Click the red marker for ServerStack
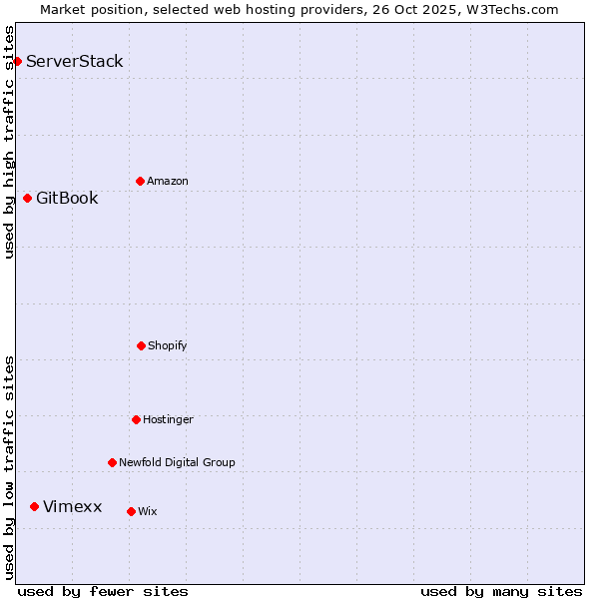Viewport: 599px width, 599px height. (17, 62)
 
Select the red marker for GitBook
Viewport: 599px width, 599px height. (27, 198)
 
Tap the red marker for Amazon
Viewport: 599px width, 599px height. (140, 181)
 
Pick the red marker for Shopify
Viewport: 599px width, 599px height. (141, 345)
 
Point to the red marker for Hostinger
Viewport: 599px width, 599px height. (136, 419)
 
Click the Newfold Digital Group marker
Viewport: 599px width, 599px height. (112, 462)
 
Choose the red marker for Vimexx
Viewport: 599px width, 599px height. (34, 506)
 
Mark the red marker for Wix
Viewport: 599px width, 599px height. (131, 511)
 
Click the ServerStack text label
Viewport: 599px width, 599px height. (75, 62)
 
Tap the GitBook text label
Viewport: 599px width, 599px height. (67, 198)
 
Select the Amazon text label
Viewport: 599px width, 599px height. (168, 181)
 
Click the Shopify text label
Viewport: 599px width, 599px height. (168, 345)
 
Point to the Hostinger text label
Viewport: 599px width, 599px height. (168, 419)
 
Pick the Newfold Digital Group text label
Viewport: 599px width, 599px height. (177, 462)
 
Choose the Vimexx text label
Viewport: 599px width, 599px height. (72, 506)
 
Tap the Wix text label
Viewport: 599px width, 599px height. (148, 511)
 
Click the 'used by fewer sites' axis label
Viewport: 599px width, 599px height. (103, 591)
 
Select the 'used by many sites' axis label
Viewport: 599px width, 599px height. (501, 591)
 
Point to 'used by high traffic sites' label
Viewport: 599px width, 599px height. (9, 142)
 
